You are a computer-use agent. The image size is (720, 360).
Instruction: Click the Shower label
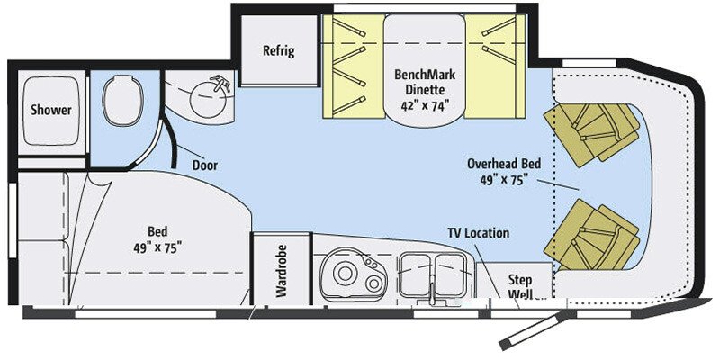(51, 111)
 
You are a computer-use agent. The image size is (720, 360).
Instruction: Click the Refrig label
(278, 50)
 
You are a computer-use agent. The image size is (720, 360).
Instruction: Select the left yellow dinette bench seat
(351, 67)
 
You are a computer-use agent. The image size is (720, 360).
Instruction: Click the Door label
(205, 166)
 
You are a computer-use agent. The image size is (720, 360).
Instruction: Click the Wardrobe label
(280, 269)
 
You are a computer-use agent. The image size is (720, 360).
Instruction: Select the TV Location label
(479, 233)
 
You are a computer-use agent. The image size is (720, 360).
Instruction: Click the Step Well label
(521, 285)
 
